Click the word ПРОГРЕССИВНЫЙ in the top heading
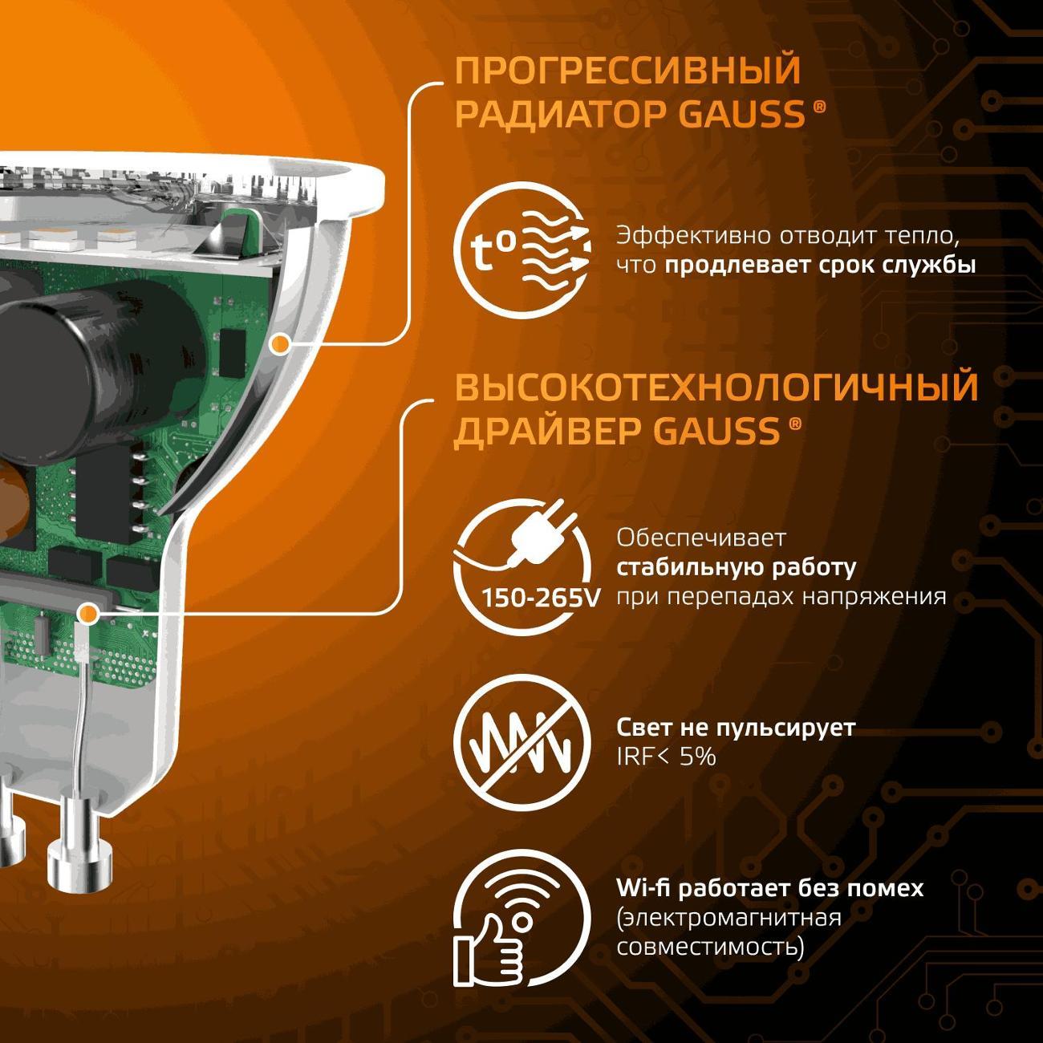coord(627,71)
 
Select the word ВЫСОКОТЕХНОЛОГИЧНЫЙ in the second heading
coord(716,388)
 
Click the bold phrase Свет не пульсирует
coord(736,728)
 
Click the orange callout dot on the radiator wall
coord(278,345)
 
